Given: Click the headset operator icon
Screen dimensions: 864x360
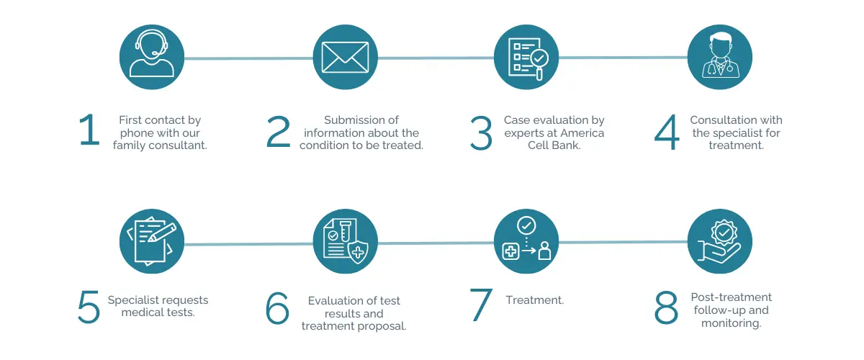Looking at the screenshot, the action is [152, 57].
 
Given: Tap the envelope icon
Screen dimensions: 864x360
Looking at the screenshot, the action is [345, 57].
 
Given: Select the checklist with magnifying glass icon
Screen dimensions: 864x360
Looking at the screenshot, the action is [526, 57].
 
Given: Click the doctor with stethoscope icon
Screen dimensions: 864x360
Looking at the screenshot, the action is [720, 57].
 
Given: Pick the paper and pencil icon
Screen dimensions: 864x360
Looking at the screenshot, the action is [152, 241].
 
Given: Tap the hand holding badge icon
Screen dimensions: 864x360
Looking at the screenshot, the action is [720, 241].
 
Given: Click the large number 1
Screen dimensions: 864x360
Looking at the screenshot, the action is [89, 130].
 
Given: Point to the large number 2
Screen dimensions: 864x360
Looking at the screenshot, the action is [278, 132].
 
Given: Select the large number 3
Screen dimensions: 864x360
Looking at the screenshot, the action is [481, 133].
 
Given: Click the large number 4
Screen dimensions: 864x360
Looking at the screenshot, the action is [667, 132].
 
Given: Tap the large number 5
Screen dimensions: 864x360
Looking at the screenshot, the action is [89, 307].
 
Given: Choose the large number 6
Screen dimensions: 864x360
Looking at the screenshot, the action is [277, 307].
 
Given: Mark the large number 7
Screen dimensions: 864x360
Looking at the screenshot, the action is [481, 305].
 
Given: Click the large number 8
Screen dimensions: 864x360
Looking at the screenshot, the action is [666, 307].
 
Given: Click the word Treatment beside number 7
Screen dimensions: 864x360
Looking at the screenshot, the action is [534, 300].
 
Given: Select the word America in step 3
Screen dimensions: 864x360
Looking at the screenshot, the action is [582, 132].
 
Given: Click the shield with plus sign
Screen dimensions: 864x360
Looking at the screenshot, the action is [358, 252].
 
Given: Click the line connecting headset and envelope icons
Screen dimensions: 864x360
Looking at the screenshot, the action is [249, 58].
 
